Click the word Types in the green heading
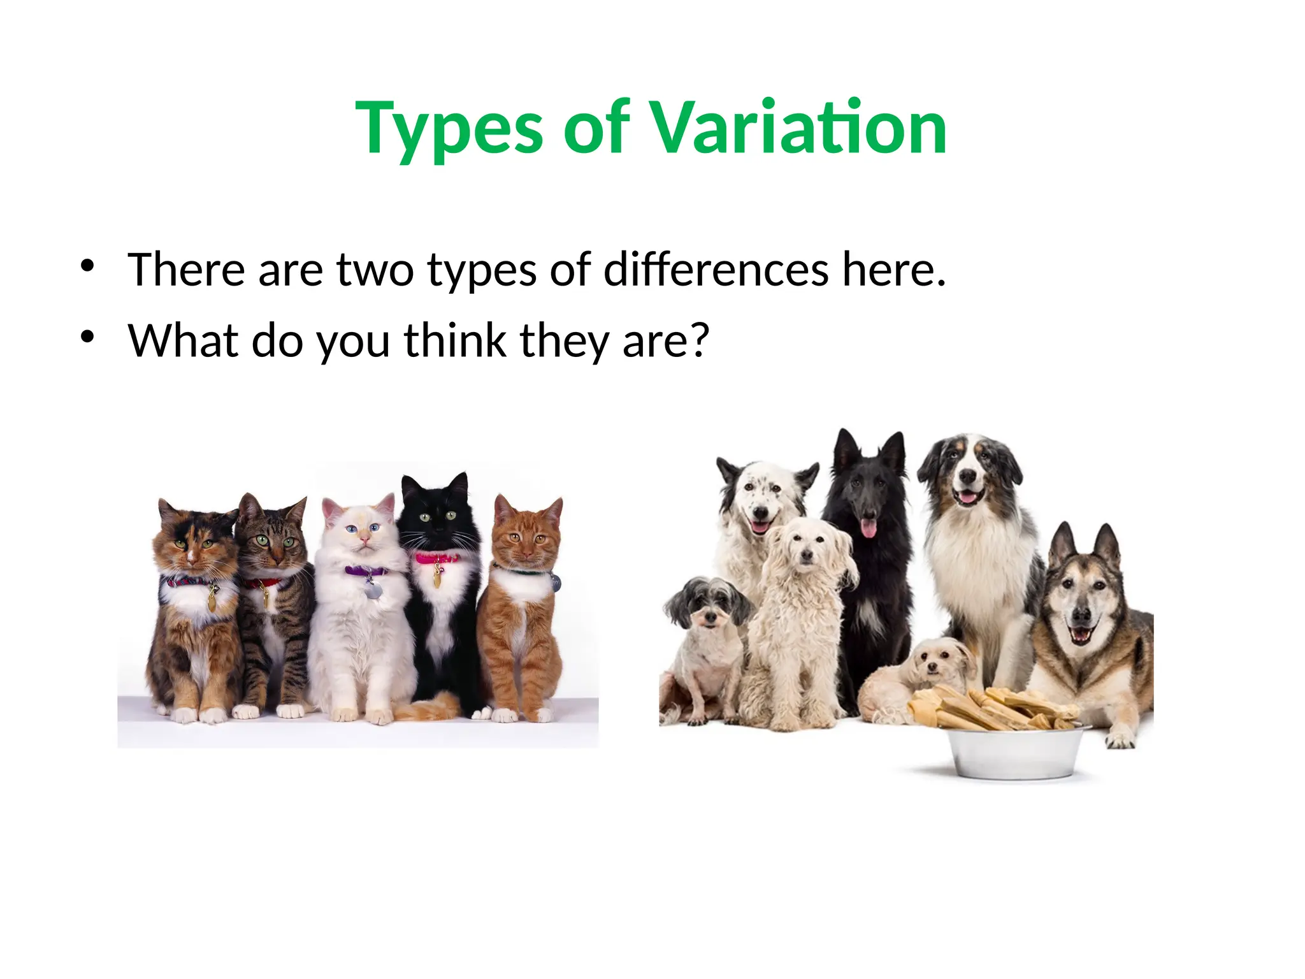point(449,129)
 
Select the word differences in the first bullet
point(716,270)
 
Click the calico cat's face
point(194,546)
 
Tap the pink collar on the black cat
point(436,558)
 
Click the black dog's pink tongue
point(868,528)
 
